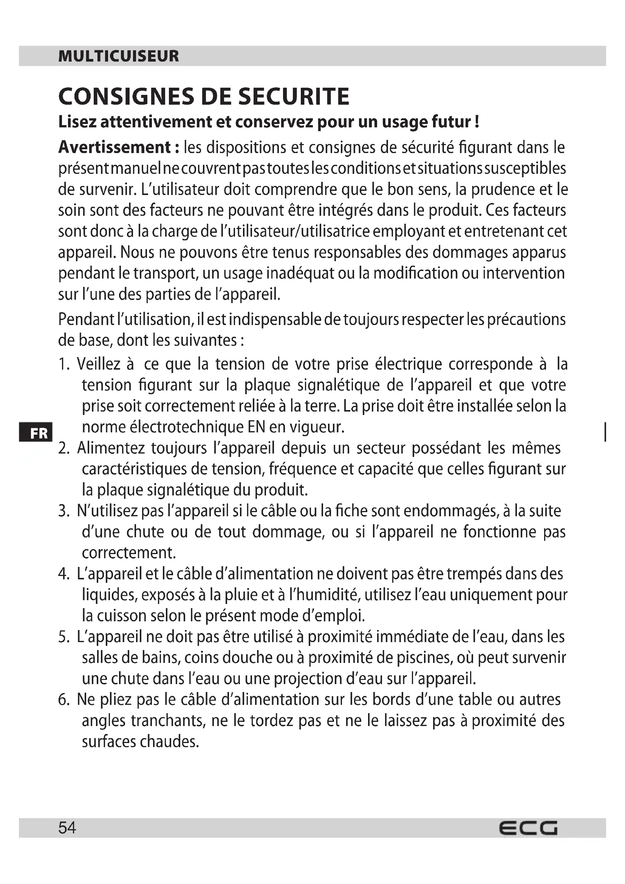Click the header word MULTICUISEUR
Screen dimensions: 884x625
pos(119,56)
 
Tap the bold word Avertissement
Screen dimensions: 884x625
pos(114,147)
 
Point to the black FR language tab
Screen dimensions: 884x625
pos(36,432)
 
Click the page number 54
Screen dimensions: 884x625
pos(67,827)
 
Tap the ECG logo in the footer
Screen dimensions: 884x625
pos(528,828)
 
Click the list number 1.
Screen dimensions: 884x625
pos(63,364)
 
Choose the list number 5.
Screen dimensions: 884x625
pos(63,637)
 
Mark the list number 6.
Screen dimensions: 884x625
pos(63,700)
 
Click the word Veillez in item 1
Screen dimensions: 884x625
pos(99,364)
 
